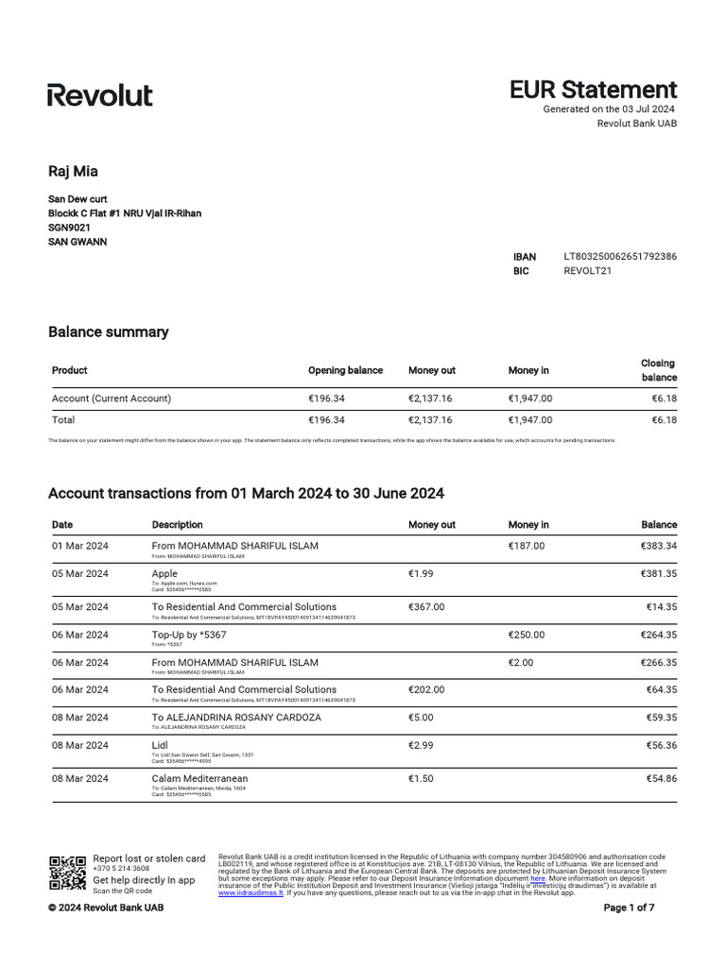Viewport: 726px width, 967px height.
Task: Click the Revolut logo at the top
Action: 100,94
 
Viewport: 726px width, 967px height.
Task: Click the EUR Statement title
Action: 593,90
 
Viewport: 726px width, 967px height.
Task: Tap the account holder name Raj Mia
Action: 73,171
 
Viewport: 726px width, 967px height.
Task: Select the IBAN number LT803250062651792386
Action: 619,256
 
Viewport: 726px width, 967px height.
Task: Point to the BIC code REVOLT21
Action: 587,271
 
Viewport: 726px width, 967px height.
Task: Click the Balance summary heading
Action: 108,332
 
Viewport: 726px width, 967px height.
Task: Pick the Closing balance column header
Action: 658,370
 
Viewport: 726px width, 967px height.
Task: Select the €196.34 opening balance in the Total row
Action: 327,420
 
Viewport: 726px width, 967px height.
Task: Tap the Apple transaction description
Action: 164,573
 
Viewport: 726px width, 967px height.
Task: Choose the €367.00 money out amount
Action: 426,607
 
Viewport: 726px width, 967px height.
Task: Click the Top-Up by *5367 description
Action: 189,635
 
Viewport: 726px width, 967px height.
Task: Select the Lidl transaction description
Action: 160,745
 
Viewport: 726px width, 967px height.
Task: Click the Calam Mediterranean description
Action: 199,778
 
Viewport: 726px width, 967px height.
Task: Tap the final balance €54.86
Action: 659,778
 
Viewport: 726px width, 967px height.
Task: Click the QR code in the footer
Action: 67,873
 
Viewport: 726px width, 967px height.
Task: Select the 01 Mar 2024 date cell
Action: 80,546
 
